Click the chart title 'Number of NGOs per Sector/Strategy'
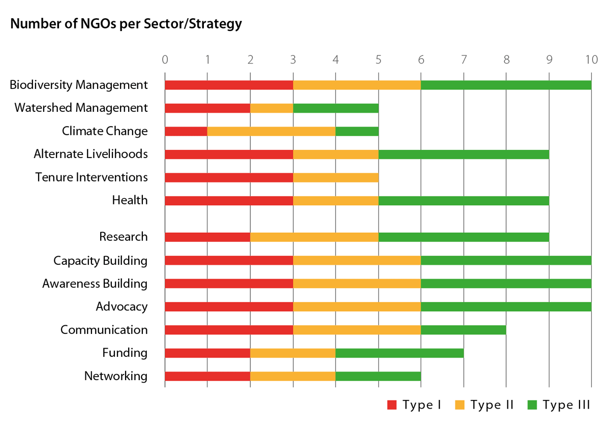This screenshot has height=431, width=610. [126, 24]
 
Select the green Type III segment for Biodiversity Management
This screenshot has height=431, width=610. [506, 85]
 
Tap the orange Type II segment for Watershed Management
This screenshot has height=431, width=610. [271, 108]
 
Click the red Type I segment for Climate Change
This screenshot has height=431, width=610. [186, 131]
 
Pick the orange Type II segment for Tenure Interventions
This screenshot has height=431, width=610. [335, 177]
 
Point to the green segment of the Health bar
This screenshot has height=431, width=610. [463, 200]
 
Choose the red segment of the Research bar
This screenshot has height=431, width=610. [207, 237]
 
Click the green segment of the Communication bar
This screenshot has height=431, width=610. [463, 329]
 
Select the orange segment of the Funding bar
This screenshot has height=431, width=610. [293, 353]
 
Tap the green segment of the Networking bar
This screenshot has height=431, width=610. [378, 376]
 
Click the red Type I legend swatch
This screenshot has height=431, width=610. [392, 405]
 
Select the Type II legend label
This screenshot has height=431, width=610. [492, 405]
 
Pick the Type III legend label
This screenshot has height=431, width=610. [566, 405]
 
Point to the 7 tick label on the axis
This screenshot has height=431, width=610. [463, 59]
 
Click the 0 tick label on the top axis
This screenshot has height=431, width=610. [165, 59]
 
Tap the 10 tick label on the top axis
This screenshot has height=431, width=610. [591, 59]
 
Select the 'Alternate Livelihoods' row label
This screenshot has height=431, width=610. [90, 154]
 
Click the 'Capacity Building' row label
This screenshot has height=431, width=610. [100, 261]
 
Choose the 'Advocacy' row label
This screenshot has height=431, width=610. [121, 306]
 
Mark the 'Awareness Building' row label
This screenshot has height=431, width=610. [95, 284]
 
